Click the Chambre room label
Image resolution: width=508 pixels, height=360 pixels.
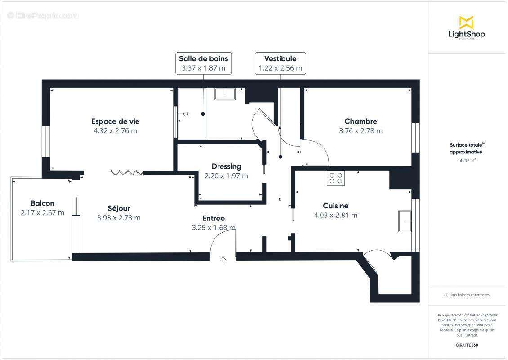361,121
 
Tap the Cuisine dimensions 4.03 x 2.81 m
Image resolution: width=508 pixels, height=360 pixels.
335,216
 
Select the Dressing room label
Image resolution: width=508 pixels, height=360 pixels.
226,166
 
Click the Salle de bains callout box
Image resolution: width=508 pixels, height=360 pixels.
204,63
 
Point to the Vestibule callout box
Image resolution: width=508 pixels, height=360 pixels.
280,63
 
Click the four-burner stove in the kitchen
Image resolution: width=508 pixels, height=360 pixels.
335,178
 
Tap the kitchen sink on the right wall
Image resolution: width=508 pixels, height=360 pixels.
405,221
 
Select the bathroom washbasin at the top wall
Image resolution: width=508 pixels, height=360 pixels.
225,93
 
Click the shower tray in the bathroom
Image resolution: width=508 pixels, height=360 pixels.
192,114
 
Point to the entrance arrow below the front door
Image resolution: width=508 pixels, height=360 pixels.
223,260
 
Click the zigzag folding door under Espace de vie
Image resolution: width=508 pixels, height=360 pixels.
127,172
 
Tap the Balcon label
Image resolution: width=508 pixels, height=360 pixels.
42,203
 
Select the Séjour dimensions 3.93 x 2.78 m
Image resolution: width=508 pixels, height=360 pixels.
119,218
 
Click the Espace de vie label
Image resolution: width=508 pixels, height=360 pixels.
115,121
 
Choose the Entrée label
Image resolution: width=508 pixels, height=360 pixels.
213,218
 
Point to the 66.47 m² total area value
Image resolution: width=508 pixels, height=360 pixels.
467,160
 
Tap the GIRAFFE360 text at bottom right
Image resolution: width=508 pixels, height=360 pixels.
467,345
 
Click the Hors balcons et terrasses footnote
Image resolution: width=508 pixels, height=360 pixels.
467,295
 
